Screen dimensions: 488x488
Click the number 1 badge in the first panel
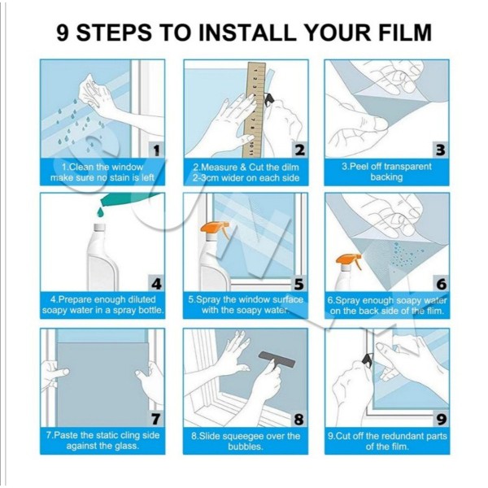[x=156, y=150]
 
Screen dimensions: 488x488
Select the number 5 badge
[x=298, y=284]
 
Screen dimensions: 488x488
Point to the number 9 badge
[x=441, y=419]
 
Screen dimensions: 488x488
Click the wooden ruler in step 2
[x=254, y=110]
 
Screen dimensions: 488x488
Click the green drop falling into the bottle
[x=100, y=213]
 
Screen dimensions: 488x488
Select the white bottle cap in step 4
[x=100, y=228]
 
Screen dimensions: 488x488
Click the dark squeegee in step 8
[x=277, y=359]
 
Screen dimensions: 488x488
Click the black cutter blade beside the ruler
[x=268, y=99]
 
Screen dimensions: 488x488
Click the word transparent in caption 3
[x=407, y=167]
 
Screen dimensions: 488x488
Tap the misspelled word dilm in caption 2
[x=289, y=168]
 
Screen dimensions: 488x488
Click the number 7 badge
[x=155, y=419]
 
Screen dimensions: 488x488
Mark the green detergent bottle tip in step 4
[x=102, y=203]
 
